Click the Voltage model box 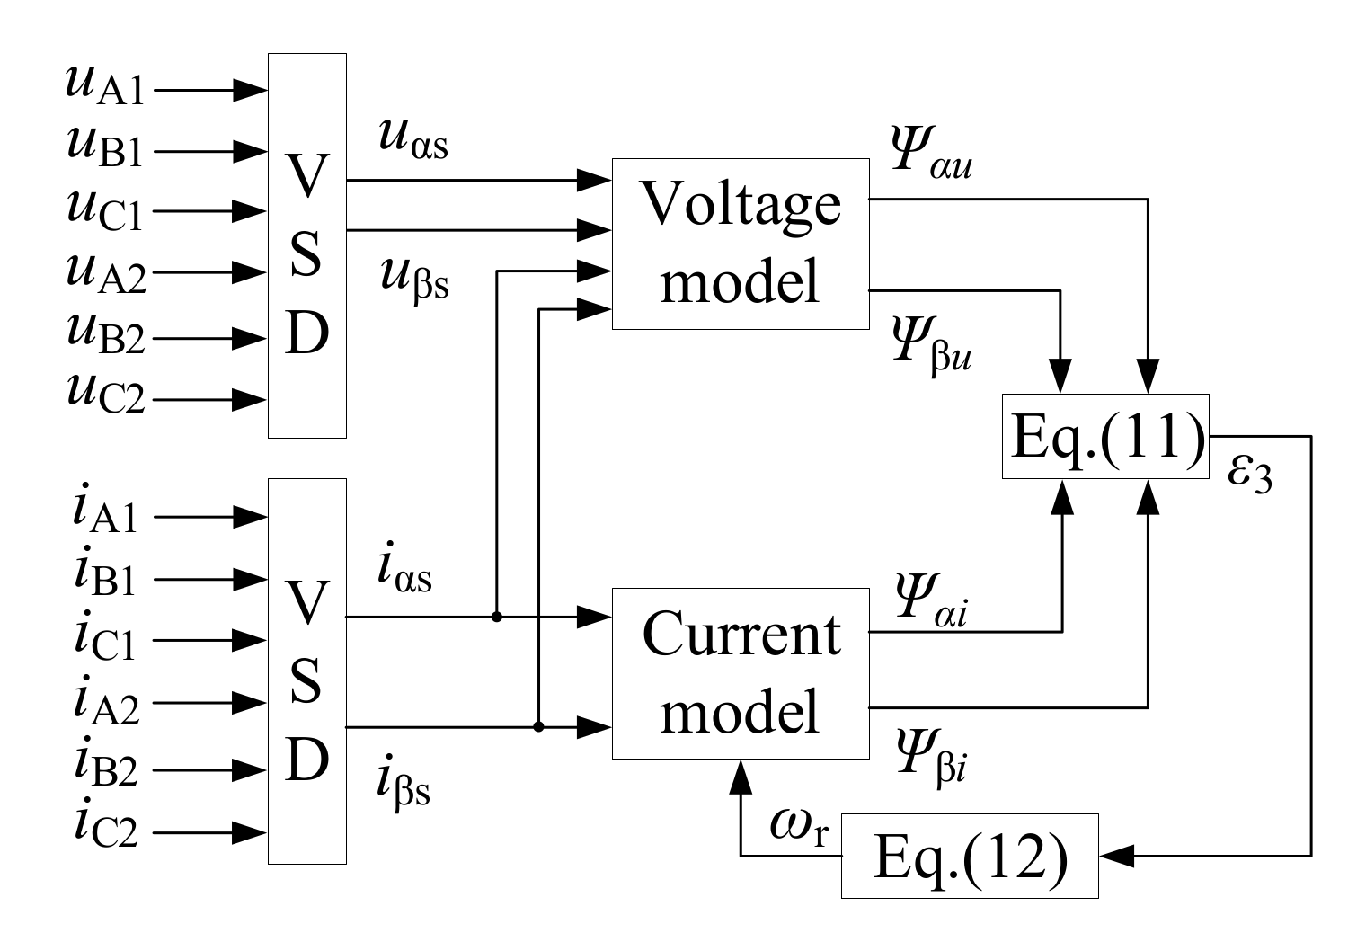[740, 243]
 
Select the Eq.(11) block [1105, 437]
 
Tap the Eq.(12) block [969, 857]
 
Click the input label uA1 [104, 86]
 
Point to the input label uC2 [104, 394]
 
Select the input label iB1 [104, 576]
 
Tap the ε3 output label [1249, 475]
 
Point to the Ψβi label [929, 760]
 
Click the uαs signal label [412, 142]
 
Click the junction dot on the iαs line [496, 617]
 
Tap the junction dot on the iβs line [538, 726]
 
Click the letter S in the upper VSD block [306, 254]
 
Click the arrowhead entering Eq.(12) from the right [1117, 857]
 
